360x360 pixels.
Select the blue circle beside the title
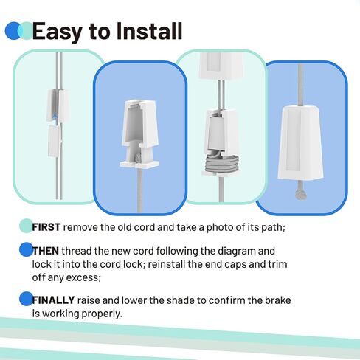pos(13,31)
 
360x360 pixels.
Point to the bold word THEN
pos(46,250)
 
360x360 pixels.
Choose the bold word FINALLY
pos(52,300)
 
